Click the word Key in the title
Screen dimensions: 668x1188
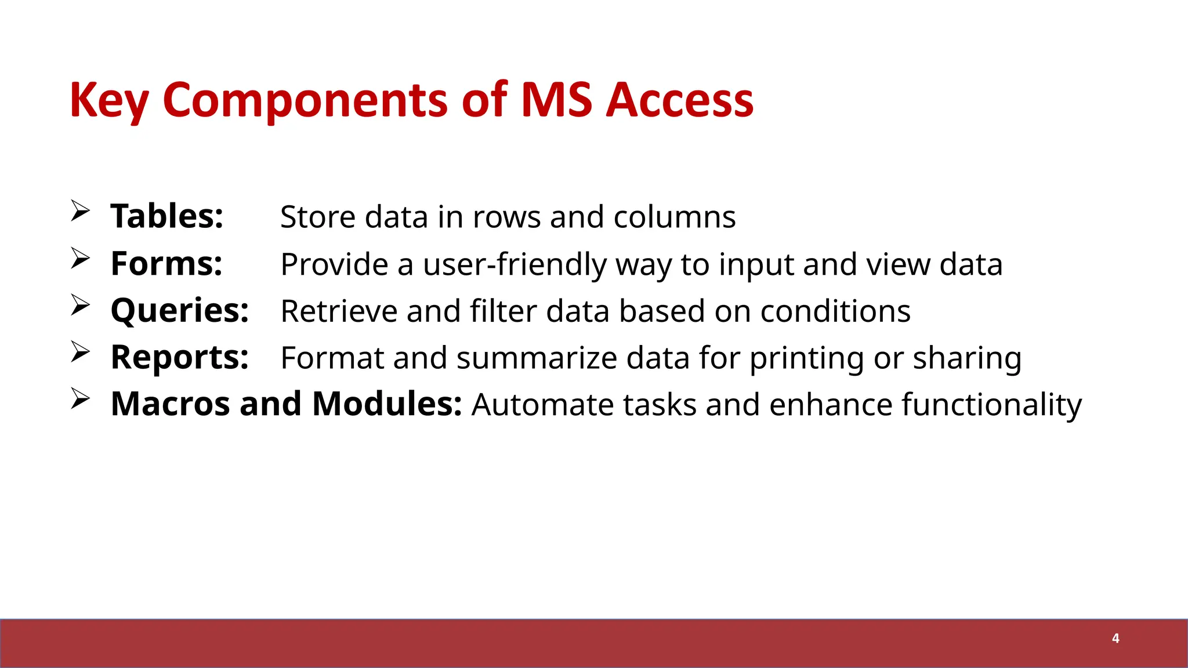[x=108, y=100]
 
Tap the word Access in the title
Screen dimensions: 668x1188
[x=679, y=100]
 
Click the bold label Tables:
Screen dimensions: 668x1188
[x=167, y=217]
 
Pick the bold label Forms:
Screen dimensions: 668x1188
[x=166, y=264]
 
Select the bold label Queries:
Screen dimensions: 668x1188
[x=180, y=311]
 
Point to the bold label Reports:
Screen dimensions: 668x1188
[x=180, y=358]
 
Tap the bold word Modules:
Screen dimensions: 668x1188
[x=387, y=404]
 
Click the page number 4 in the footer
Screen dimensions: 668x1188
[x=1115, y=638]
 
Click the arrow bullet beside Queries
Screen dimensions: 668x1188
[x=80, y=304]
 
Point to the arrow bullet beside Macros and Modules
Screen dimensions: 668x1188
[x=80, y=398]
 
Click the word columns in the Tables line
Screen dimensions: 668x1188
[x=675, y=217]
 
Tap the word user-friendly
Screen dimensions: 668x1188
[x=515, y=265]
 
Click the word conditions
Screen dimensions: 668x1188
[x=835, y=311]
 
